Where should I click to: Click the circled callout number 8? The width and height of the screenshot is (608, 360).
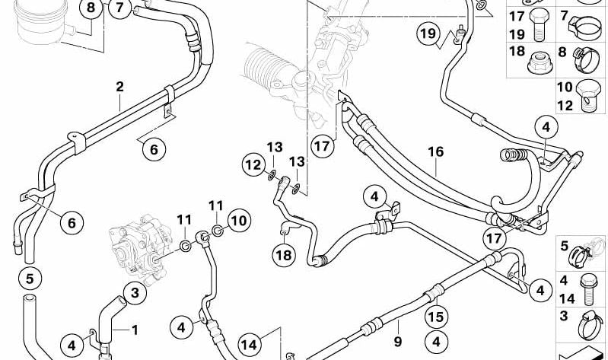tap(91, 8)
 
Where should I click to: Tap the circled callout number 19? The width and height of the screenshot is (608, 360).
tap(428, 34)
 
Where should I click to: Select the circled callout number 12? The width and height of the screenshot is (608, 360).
tap(254, 165)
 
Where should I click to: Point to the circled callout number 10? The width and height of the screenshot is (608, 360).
tap(239, 221)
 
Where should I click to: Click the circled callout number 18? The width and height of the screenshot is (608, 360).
tap(284, 255)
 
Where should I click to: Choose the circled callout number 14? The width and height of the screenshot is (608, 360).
tap(250, 345)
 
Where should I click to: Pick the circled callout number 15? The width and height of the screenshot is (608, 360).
tap(435, 317)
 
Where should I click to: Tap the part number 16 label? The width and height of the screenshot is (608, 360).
tap(436, 151)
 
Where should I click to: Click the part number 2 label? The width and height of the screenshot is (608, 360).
tap(119, 87)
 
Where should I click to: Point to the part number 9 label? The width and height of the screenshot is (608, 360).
tap(398, 342)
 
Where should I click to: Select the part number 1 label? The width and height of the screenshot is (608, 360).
tap(135, 330)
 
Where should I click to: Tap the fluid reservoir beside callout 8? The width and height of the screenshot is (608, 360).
tap(41, 22)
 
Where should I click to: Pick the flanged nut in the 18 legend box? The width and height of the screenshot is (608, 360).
tap(540, 62)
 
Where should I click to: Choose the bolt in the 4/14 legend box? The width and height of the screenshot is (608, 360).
tap(588, 291)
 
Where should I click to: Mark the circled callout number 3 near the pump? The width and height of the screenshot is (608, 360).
tap(135, 292)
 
